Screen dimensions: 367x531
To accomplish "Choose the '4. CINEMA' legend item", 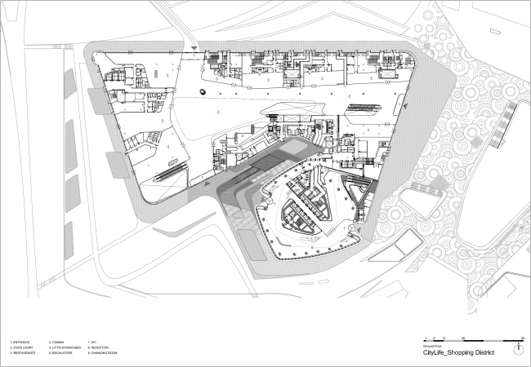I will (56, 341).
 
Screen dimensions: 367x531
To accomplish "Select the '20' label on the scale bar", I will (463, 337).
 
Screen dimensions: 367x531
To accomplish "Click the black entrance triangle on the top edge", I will (193, 51).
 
